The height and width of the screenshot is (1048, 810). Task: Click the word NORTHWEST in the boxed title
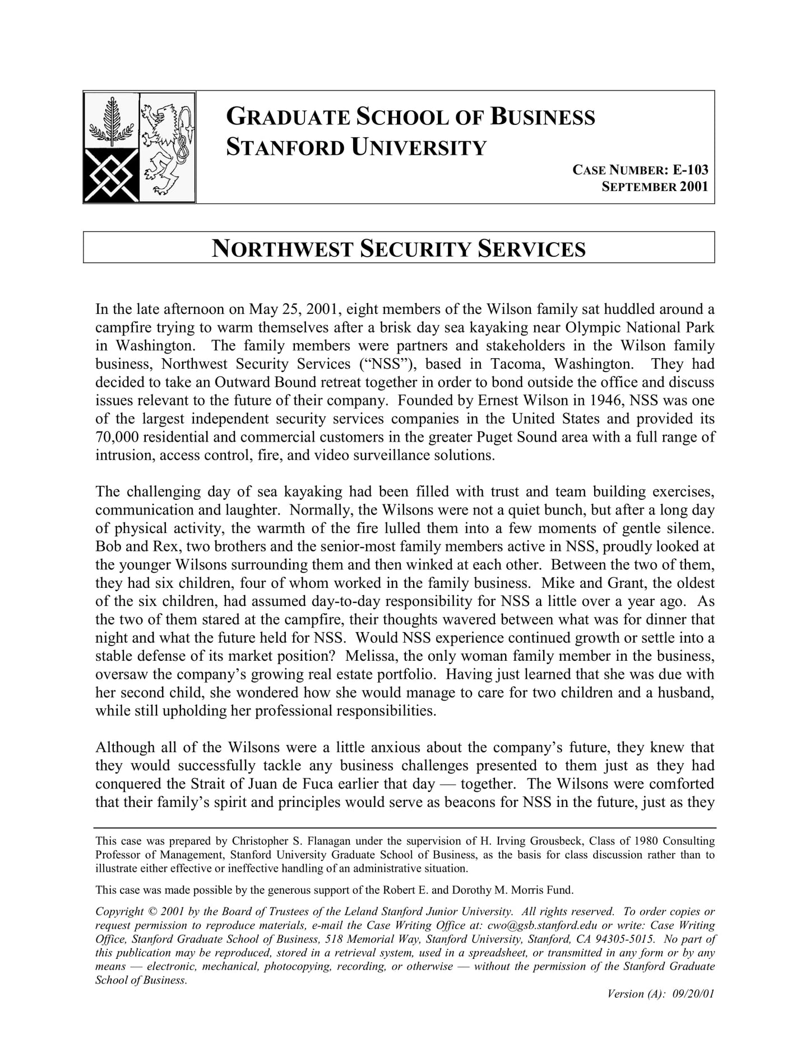point(283,249)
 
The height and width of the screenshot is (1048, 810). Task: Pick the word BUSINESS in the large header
point(543,117)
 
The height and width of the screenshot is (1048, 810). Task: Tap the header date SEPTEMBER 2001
point(655,187)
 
